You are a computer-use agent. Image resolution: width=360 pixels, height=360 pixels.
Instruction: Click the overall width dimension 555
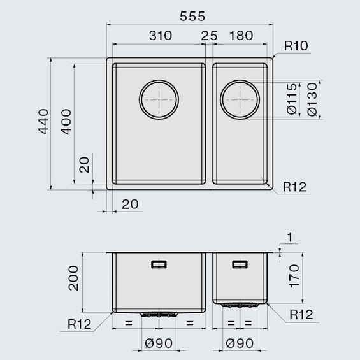192,17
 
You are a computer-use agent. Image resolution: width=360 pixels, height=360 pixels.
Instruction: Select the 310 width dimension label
161,36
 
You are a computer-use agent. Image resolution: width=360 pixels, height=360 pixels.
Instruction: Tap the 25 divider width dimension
209,36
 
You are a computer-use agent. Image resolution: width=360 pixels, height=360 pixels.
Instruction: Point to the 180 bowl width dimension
241,36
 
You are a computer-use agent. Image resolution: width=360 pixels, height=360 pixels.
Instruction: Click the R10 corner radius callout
296,46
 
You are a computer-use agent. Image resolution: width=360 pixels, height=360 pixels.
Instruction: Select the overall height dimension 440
43,122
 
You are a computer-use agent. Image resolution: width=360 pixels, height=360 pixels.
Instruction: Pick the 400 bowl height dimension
66,122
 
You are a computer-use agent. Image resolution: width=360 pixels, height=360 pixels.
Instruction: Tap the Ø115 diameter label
292,99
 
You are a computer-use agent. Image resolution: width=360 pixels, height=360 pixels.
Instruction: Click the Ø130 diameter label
312,99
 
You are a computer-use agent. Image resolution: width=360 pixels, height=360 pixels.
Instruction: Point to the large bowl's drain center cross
159,99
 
